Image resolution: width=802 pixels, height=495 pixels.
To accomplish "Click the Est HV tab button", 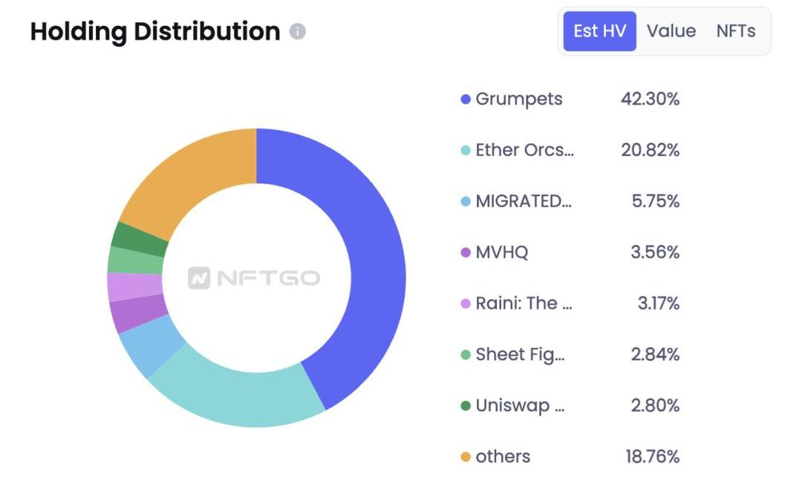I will [599, 31].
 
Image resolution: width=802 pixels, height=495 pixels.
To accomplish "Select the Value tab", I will [671, 31].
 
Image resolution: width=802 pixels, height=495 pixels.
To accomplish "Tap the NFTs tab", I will [736, 31].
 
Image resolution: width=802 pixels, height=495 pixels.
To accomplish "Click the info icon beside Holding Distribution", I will [298, 31].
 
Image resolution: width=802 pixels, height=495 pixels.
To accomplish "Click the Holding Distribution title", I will [155, 31].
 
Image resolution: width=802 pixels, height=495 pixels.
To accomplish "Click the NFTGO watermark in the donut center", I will [255, 278].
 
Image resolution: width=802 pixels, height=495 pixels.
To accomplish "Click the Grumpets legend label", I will [519, 99].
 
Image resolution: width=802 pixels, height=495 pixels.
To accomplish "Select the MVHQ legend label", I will [502, 253].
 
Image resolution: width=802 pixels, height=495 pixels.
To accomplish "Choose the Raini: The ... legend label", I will [524, 303].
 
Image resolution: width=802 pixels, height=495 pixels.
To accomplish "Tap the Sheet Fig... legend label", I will [521, 355].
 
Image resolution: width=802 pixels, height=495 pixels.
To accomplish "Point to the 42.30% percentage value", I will [650, 99].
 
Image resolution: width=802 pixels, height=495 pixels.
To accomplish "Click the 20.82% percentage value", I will [650, 150].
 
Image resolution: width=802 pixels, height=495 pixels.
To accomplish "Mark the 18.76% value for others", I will [652, 456].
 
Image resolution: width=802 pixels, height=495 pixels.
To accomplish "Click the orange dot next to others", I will [466, 456].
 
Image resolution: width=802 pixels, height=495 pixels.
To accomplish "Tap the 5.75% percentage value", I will [656, 201].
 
